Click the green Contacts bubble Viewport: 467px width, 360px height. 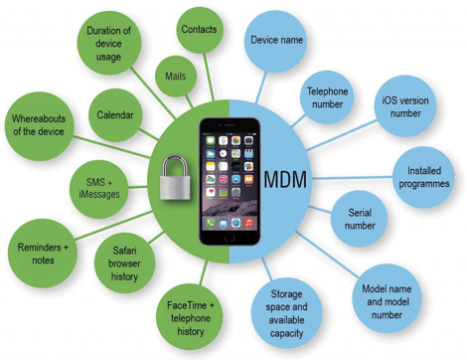(199, 30)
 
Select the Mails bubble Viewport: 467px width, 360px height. (176, 76)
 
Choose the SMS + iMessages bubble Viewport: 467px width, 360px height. (96, 187)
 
